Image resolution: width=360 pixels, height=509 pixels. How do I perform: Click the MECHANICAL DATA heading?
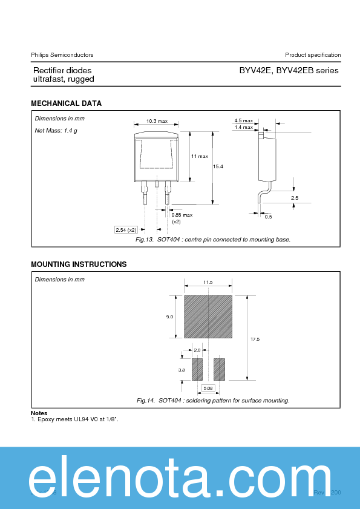[66, 103]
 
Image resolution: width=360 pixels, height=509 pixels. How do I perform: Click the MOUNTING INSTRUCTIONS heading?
[79, 264]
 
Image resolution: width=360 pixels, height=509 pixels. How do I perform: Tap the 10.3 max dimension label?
[156, 122]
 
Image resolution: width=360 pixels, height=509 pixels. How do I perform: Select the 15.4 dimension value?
[218, 166]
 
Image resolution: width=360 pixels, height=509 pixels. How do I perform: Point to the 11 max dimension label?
[200, 156]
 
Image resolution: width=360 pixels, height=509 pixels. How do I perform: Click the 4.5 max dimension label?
[243, 121]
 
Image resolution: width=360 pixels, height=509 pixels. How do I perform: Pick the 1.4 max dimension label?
[243, 127]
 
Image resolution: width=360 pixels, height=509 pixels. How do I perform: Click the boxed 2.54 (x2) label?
[127, 229]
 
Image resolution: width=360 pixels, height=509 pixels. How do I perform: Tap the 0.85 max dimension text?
[182, 215]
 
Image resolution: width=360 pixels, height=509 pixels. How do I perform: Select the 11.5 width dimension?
[208, 283]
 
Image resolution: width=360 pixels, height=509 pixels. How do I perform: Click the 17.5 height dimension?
[255, 339]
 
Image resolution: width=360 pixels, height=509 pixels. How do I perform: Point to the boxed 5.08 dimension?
[208, 387]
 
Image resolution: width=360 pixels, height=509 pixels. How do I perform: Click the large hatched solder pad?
[208, 317]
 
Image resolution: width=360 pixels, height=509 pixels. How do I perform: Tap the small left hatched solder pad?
[197, 369]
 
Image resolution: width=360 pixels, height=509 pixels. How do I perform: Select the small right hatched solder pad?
[219, 369]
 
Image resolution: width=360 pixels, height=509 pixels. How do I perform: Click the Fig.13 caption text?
[213, 240]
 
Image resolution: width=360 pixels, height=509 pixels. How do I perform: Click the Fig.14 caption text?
[213, 401]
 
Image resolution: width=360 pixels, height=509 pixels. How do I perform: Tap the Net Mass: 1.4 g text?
[56, 131]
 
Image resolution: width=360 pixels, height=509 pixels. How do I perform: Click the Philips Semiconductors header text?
[62, 55]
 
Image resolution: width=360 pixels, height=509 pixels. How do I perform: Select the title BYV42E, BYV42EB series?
[289, 71]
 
